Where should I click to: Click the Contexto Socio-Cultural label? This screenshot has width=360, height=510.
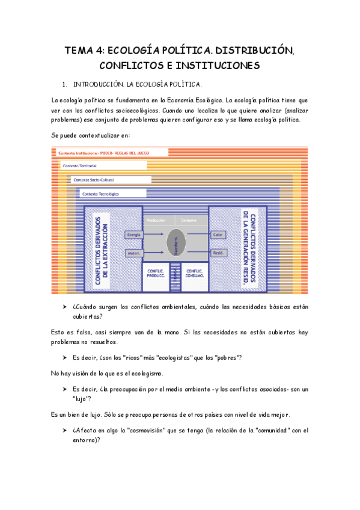(x=93, y=179)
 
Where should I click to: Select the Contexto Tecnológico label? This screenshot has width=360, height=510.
(x=100, y=194)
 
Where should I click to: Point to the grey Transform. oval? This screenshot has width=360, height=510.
(x=177, y=244)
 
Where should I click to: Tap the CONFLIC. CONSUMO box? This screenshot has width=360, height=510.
(x=194, y=274)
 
